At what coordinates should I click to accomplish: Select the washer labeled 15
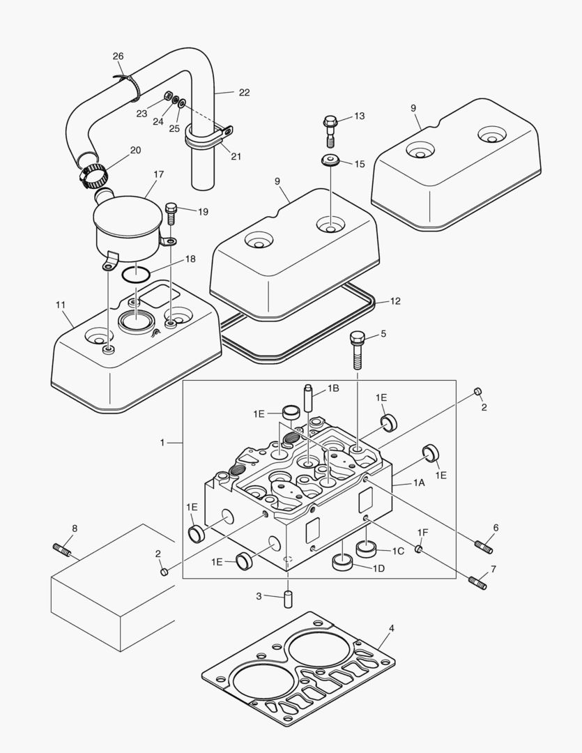330,161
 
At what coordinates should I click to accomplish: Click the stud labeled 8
62,551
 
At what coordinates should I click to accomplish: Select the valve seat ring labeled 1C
367,548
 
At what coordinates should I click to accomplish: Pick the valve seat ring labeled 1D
343,562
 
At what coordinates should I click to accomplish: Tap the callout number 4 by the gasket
392,628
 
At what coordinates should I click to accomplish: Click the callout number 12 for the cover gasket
395,301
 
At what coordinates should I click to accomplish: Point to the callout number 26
118,56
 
